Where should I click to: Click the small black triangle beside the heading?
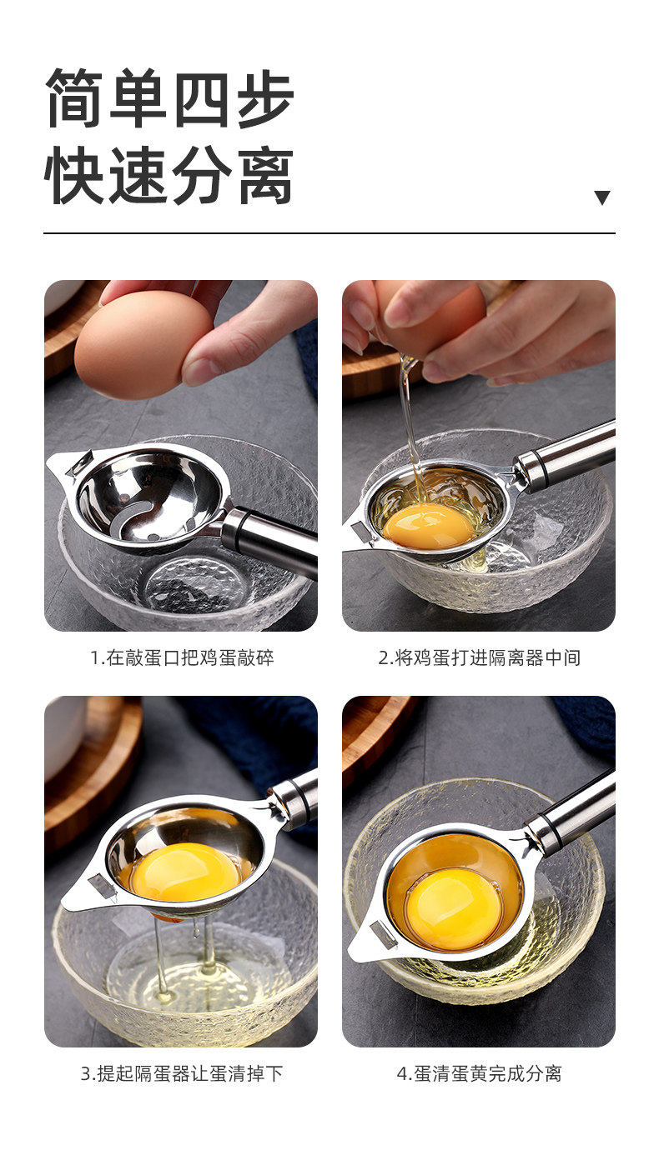pos(602,197)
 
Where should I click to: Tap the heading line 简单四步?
pos(169,97)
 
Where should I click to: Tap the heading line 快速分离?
pos(169,174)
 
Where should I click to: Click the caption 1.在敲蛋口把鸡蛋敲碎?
pos(182,657)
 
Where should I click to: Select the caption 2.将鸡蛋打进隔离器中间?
pos(479,657)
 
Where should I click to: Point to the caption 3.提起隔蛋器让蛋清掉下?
pos(182,1073)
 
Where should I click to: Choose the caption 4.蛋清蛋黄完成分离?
pos(479,1073)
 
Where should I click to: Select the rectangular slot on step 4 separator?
pos(383,934)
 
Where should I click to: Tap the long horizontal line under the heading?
pos(329,233)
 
